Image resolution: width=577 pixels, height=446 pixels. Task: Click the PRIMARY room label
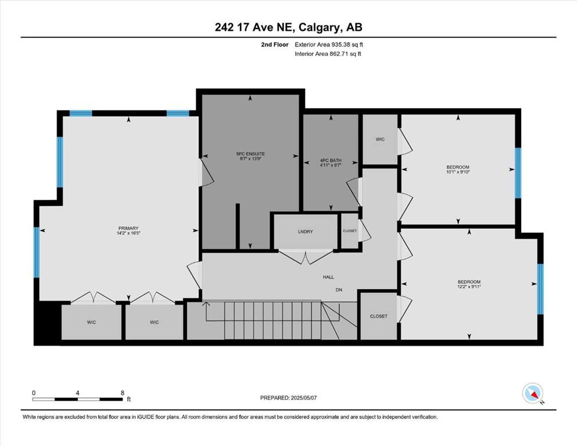pyautogui.click(x=128, y=228)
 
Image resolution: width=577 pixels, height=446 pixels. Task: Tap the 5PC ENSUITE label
pyautogui.click(x=250, y=154)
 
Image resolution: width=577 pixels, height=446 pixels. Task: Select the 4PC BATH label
pyautogui.click(x=331, y=160)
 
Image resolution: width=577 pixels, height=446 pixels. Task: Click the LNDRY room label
pyautogui.click(x=306, y=232)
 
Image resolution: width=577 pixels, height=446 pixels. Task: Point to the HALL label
pyautogui.click(x=328, y=277)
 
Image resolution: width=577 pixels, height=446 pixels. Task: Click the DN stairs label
pyautogui.click(x=339, y=290)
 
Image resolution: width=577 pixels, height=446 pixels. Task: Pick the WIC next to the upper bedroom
pyautogui.click(x=380, y=139)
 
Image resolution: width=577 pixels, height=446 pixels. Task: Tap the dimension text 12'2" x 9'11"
pyautogui.click(x=469, y=287)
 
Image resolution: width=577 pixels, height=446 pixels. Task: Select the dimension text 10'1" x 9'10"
pyautogui.click(x=458, y=172)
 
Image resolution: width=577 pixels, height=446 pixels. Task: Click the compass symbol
pyautogui.click(x=533, y=393)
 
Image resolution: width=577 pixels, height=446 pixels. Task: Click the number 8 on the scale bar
pyautogui.click(x=123, y=393)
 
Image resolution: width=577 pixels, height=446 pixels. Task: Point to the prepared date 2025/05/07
pyautogui.click(x=303, y=398)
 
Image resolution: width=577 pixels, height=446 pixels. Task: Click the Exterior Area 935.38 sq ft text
pyautogui.click(x=329, y=45)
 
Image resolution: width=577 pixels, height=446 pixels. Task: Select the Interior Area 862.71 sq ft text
pyautogui.click(x=328, y=53)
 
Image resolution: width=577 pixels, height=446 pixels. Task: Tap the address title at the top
pyautogui.click(x=288, y=27)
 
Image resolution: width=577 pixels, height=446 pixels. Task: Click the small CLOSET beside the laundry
pyautogui.click(x=350, y=231)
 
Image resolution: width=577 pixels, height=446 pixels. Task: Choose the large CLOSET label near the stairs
pyautogui.click(x=379, y=316)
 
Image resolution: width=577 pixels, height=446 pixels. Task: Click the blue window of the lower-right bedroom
pyautogui.click(x=540, y=289)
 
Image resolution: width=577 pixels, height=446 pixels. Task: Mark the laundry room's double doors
pyautogui.click(x=306, y=257)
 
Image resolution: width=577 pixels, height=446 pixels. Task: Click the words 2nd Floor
pyautogui.click(x=274, y=45)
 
